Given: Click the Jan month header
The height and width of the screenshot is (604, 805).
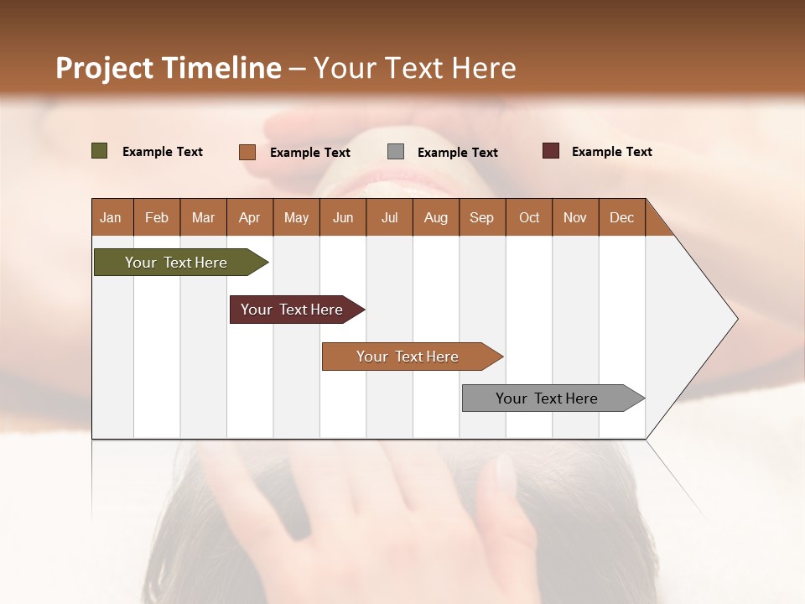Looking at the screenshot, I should tap(112, 218).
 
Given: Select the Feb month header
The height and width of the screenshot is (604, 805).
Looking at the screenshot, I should tap(157, 218).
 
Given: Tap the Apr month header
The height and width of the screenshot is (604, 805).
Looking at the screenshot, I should tap(250, 218).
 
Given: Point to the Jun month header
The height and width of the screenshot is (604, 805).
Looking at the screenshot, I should tap(343, 218).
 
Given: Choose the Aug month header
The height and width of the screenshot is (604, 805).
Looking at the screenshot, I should tap(436, 218).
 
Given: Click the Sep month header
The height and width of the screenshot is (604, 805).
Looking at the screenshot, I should tap(482, 218).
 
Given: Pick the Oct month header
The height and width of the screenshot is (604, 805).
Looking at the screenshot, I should tap(529, 218).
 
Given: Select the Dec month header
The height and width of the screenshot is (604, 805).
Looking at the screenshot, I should tap(622, 218).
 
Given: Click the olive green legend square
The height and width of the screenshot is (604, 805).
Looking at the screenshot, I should tap(100, 151).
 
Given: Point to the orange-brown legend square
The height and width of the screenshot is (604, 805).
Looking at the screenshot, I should tap(247, 152).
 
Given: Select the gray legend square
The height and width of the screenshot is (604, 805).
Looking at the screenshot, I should tap(396, 152).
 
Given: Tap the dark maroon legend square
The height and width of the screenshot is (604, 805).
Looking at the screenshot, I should tap(551, 151).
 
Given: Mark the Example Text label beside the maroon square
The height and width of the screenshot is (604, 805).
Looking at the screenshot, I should tap(612, 152).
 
